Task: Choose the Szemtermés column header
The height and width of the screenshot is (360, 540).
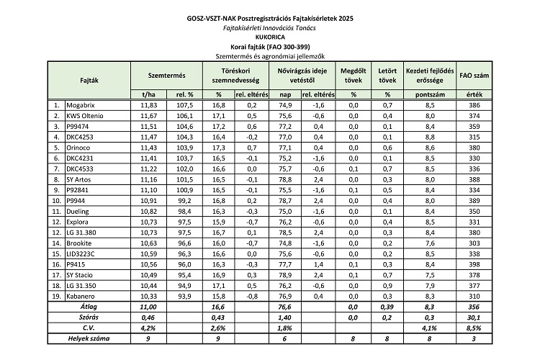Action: (162, 75)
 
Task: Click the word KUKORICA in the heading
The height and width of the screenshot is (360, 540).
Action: (270, 33)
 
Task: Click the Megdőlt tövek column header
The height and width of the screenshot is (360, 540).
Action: (354, 75)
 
